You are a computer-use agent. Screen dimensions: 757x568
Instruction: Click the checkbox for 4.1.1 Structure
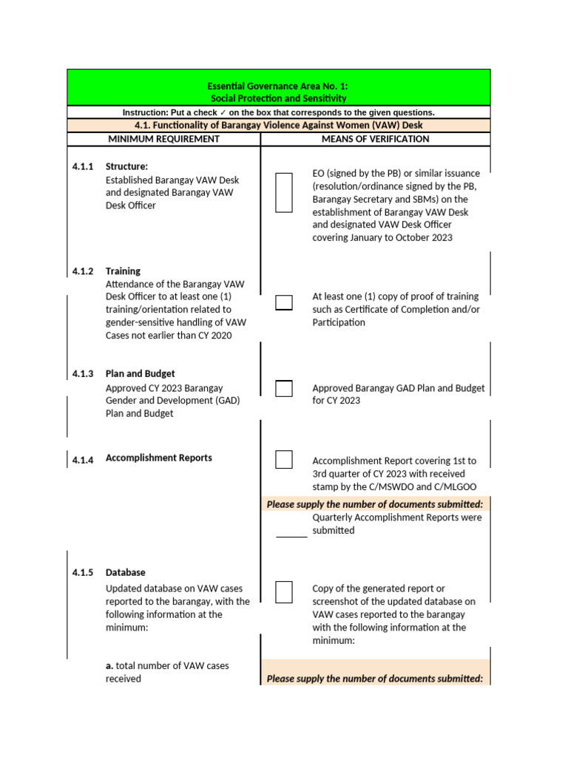coord(284,193)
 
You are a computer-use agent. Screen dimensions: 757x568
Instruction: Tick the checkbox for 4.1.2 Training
coord(284,302)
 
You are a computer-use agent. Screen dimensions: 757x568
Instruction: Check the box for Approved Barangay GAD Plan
coord(284,388)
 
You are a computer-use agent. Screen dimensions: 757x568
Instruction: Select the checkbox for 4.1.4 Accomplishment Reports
coord(284,459)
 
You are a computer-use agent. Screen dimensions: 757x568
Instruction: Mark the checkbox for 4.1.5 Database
coord(284,592)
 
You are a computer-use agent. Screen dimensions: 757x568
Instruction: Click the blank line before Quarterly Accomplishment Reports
coord(291,532)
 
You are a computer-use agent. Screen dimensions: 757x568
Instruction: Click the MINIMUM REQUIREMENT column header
coord(163,139)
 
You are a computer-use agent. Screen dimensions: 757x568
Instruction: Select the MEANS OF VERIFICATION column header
coord(375,139)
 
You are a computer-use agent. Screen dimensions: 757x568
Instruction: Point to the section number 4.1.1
coord(83,167)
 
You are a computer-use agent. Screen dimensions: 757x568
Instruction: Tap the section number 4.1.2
coord(83,271)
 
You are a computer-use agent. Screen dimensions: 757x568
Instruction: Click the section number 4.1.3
coord(83,374)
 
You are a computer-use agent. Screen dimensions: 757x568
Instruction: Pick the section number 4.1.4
coord(83,460)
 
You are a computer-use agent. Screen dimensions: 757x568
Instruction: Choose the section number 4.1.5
coord(83,573)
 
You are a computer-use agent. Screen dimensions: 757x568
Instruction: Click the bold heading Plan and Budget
coord(141,374)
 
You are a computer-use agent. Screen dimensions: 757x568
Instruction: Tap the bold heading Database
coord(126,573)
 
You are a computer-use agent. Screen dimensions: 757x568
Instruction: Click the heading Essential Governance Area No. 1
coord(278,86)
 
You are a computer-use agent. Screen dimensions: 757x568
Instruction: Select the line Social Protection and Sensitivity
coord(278,98)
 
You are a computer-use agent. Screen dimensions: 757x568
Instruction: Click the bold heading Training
coord(123,271)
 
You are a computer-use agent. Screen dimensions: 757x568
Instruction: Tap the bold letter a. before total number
coord(109,666)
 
